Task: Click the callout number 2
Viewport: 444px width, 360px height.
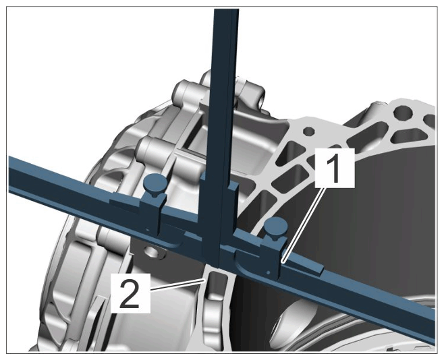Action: click(x=130, y=293)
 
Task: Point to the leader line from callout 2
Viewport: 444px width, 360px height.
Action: click(x=177, y=284)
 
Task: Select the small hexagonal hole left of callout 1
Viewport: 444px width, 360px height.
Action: click(x=308, y=131)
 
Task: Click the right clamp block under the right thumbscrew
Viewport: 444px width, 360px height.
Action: click(x=271, y=258)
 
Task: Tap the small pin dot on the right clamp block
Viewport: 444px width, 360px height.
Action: click(x=268, y=272)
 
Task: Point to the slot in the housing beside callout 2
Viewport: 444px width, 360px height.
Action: click(x=217, y=285)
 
